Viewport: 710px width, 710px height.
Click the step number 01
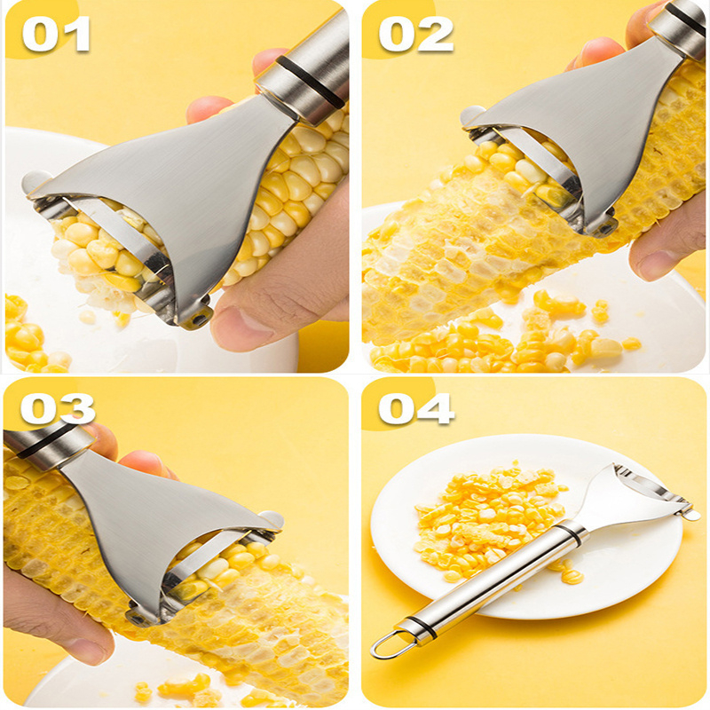(x=56, y=35)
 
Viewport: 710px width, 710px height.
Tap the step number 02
(x=415, y=35)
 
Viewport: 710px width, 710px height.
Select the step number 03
(x=58, y=408)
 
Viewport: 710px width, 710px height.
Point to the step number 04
(x=416, y=408)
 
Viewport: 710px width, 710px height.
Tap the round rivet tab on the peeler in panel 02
(x=471, y=115)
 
